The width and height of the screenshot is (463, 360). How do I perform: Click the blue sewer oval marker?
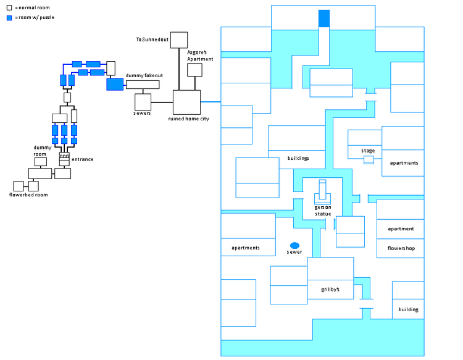tap(294, 245)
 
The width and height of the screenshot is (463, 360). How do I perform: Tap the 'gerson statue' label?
tap(323, 211)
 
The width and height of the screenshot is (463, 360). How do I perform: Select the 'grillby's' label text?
tap(330, 289)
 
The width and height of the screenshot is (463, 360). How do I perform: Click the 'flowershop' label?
tap(401, 248)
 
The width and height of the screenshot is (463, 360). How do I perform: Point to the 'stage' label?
tap(368, 151)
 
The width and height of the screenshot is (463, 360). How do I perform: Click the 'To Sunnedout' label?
tap(152, 40)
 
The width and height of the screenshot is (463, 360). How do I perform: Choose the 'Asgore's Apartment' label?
tap(201, 56)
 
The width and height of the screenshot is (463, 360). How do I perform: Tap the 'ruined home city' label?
tap(188, 119)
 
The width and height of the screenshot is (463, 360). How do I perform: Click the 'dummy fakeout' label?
tap(143, 75)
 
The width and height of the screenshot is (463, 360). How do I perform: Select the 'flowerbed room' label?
tap(28, 195)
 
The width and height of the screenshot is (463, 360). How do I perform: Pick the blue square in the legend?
tap(9, 18)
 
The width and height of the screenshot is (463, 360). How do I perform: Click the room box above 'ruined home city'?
tap(187, 102)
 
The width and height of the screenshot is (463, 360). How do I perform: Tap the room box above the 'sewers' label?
tap(143, 101)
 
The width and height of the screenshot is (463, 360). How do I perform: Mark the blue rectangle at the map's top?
tap(323, 19)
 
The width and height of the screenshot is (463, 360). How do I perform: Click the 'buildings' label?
tap(298, 158)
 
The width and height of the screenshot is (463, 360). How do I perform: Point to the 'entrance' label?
tap(83, 159)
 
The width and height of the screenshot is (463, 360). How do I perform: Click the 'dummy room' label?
tap(43, 151)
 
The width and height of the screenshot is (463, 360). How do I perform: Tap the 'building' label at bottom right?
tap(408, 309)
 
